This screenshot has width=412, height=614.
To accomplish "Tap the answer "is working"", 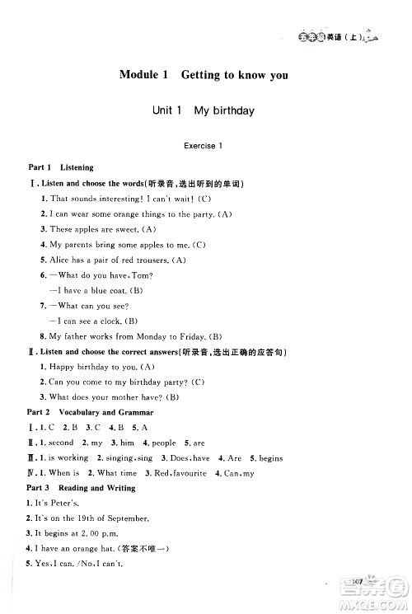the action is point(69,458).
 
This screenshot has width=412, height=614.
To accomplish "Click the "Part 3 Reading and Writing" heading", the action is point(82,488).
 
